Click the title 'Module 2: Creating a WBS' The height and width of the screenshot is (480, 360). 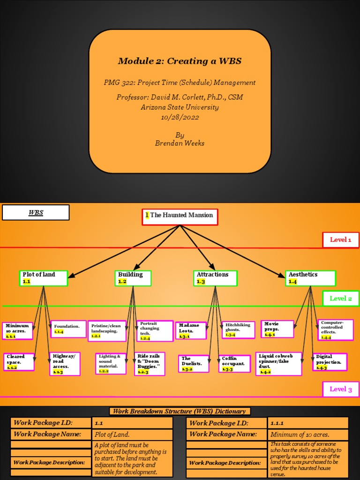click(x=180, y=61)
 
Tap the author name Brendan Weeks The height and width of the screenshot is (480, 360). click(x=180, y=143)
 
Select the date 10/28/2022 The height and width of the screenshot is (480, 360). click(x=180, y=117)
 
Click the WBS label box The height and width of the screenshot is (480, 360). click(x=36, y=212)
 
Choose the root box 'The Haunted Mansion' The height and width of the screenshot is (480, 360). click(x=180, y=216)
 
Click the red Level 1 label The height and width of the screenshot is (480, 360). click(x=340, y=240)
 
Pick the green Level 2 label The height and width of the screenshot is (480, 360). click(x=340, y=298)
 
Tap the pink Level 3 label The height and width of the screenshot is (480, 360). click(x=340, y=389)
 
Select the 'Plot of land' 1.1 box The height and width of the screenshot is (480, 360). click(x=44, y=278)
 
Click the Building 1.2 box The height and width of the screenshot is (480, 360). click(x=133, y=278)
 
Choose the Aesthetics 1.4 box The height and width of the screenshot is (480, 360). click(x=310, y=278)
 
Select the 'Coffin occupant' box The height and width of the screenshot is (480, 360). click(x=234, y=364)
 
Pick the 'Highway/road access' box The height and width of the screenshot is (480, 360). click(x=65, y=364)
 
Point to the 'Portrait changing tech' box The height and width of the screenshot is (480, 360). click(x=151, y=330)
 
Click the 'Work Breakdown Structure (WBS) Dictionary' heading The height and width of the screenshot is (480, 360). click(x=180, y=411)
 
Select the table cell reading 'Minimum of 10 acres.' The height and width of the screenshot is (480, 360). click(x=307, y=435)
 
